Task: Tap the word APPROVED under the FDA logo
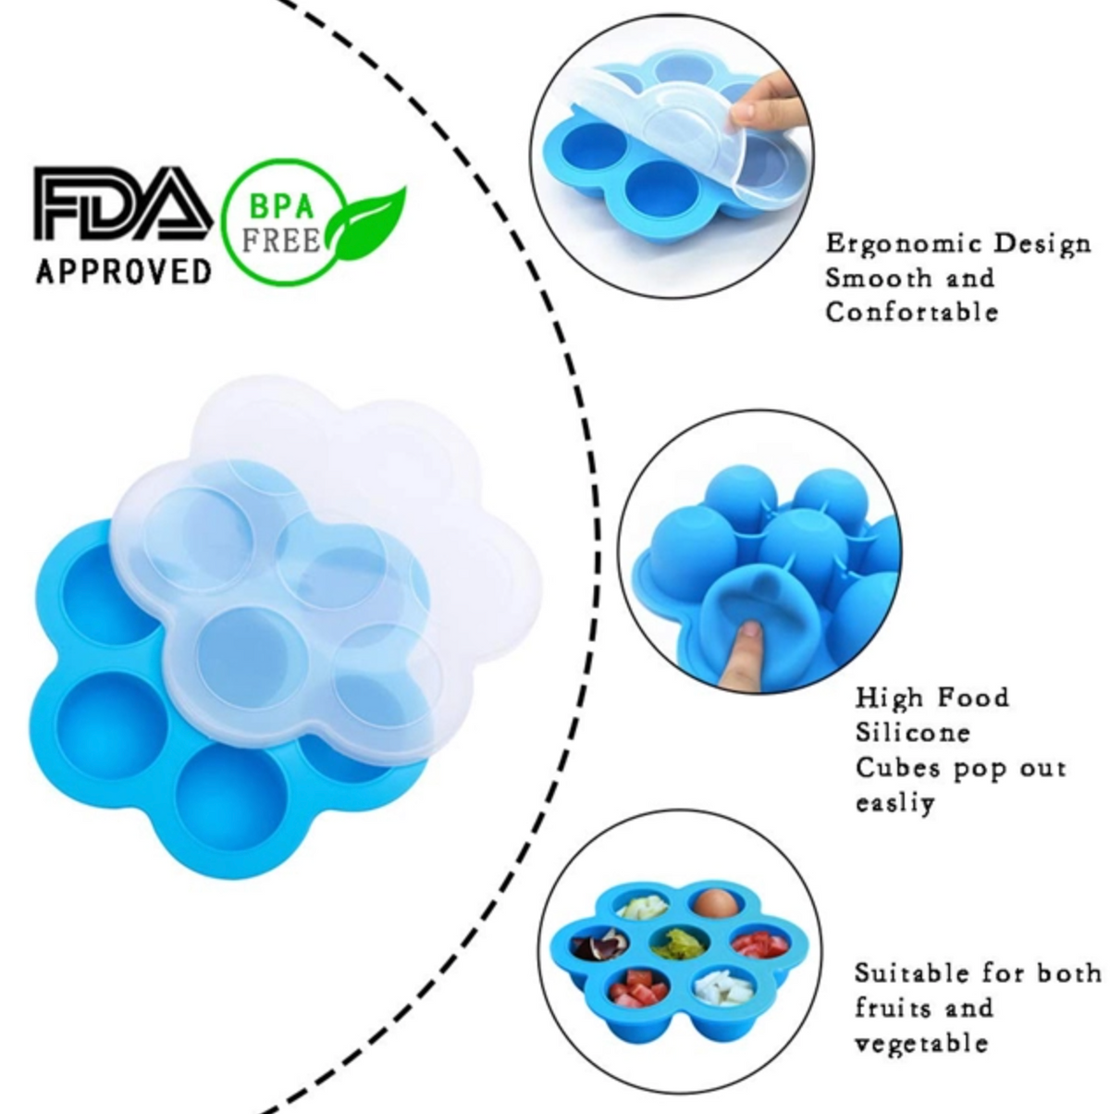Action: click(x=124, y=271)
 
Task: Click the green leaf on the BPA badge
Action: click(x=366, y=224)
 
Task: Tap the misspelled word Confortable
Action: click(x=912, y=313)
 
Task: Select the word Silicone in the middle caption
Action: click(x=913, y=733)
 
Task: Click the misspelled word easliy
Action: click(x=895, y=803)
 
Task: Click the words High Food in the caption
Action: click(x=932, y=698)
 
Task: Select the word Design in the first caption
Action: click(x=1042, y=245)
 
